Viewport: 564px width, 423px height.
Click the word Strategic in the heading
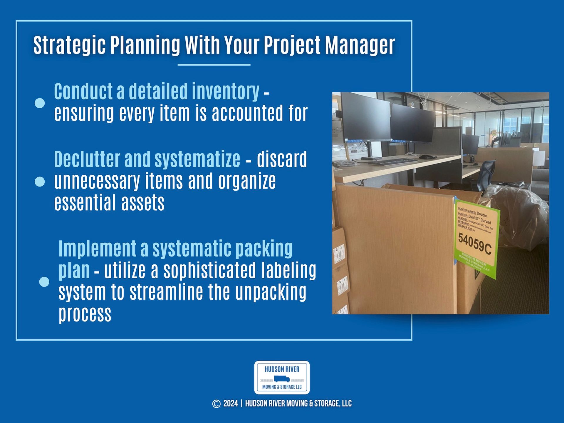pyautogui.click(x=69, y=46)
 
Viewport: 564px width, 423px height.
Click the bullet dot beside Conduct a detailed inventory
pyautogui.click(x=40, y=103)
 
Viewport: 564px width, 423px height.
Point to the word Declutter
pyautogui.click(x=87, y=159)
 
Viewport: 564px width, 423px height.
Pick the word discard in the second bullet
pyautogui.click(x=282, y=159)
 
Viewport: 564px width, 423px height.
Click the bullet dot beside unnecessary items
pyautogui.click(x=40, y=181)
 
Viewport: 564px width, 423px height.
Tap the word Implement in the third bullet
pyautogui.click(x=97, y=249)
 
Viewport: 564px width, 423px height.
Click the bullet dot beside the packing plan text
pyautogui.click(x=44, y=282)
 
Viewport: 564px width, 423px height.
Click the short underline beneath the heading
pyautogui.click(x=214, y=65)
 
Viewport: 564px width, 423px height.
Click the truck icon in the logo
pyautogui.click(x=282, y=379)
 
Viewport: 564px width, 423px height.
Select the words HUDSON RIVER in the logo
pyautogui.click(x=282, y=369)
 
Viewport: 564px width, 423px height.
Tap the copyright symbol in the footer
pyautogui.click(x=216, y=404)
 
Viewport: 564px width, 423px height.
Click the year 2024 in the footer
pyautogui.click(x=231, y=404)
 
